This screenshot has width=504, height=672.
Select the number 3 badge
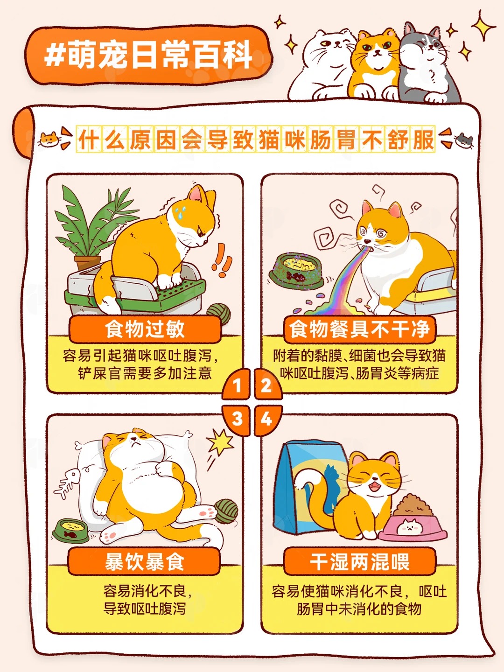pos(237,420)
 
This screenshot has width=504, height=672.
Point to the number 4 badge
pos(267,420)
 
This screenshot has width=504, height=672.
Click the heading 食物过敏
pos(145,329)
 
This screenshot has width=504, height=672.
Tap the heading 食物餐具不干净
pos(359,329)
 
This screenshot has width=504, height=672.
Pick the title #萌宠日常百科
pos(149,56)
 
